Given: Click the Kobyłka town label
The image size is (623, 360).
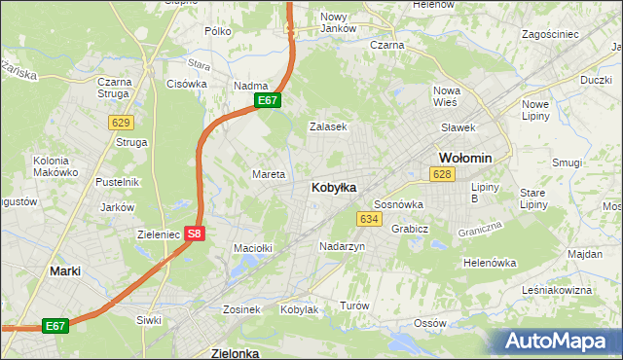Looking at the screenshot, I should pyautogui.click(x=333, y=187).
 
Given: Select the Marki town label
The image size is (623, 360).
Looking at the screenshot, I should pyautogui.click(x=65, y=271).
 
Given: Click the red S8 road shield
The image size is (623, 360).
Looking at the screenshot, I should pyautogui.click(x=195, y=234).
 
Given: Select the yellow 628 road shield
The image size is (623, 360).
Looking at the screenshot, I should pyautogui.click(x=442, y=173).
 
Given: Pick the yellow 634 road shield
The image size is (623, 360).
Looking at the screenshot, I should pyautogui.click(x=368, y=219).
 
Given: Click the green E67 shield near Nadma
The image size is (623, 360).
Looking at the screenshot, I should pyautogui.click(x=269, y=100).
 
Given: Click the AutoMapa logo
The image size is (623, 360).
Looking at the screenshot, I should pyautogui.click(x=562, y=341).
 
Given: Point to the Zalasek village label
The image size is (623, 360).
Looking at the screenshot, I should pyautogui.click(x=328, y=126).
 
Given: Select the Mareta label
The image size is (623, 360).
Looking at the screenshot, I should pyautogui.click(x=269, y=175).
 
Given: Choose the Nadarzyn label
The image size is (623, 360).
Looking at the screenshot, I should pyautogui.click(x=342, y=247).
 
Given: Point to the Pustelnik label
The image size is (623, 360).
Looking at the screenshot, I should pyautogui.click(x=118, y=182).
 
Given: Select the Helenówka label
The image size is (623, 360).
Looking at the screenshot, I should pyautogui.click(x=489, y=263).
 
